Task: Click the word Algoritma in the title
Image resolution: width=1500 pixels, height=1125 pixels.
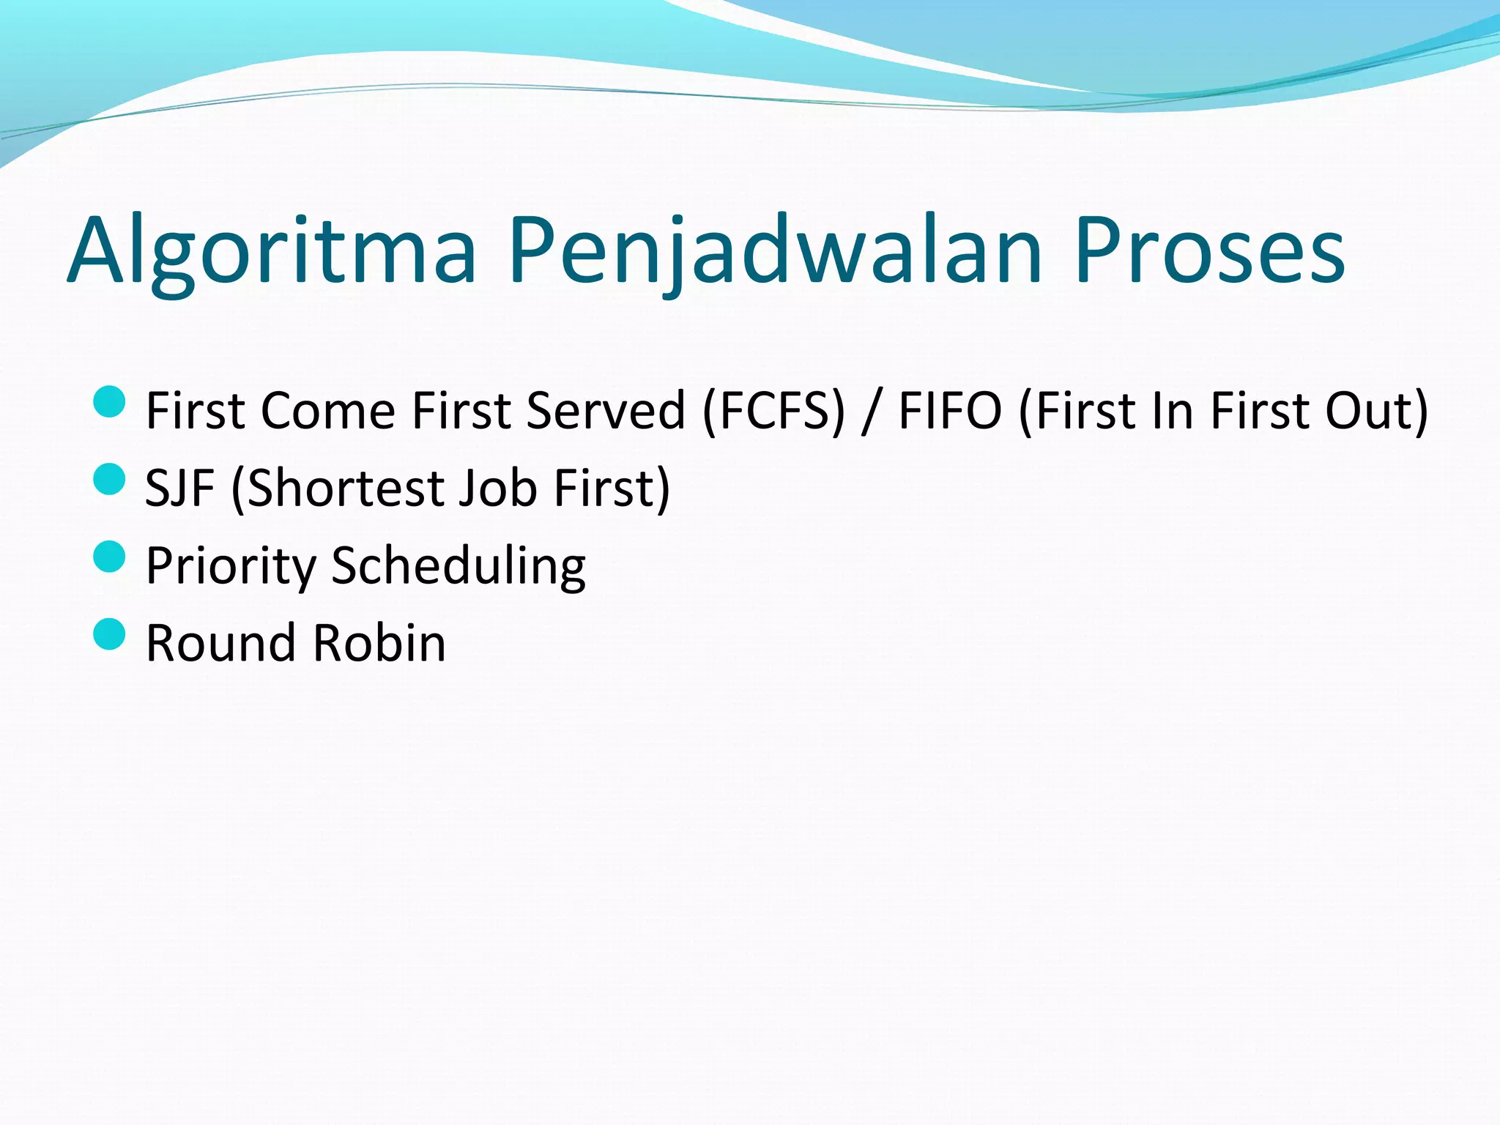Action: point(271,253)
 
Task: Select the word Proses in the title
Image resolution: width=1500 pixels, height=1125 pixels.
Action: point(1209,253)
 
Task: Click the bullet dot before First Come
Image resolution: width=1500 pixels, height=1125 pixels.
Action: point(110,401)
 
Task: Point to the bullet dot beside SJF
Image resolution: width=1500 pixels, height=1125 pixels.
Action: point(110,479)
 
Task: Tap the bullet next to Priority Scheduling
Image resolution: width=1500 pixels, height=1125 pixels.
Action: point(110,557)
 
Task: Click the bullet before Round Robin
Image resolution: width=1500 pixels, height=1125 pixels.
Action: point(110,634)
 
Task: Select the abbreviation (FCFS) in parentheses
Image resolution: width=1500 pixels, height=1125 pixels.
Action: point(773,411)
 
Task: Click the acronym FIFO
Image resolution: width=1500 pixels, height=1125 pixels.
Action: point(950,411)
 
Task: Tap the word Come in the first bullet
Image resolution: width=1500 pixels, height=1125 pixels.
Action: point(329,411)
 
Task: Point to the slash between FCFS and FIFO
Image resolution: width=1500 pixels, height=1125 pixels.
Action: point(871,412)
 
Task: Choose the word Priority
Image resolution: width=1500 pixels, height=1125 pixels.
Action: point(231,567)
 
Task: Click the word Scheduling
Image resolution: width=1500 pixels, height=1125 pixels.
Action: point(458,567)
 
